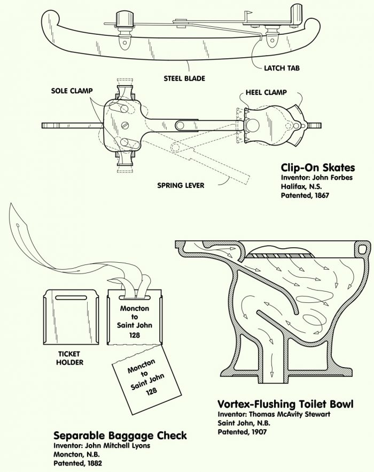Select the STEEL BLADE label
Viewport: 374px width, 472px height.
[x=185, y=79]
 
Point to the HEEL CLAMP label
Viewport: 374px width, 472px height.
[x=266, y=93]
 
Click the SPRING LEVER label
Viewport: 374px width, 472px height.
[x=181, y=186]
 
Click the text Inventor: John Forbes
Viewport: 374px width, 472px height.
[x=317, y=178]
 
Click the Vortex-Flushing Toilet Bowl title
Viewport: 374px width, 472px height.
[x=285, y=404]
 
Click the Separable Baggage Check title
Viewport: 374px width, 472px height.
[x=120, y=435]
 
